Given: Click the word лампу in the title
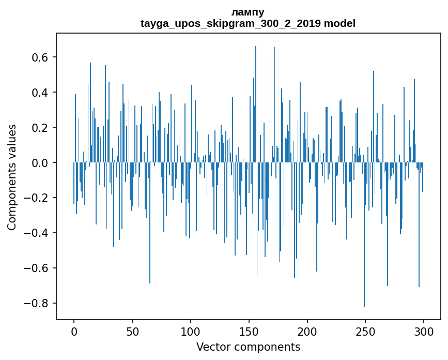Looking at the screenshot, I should tap(248, 12).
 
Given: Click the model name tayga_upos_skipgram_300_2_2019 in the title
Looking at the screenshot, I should tap(231, 23).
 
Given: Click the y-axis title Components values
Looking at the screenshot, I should tap(12, 177).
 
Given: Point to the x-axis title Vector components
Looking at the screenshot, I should tap(248, 347).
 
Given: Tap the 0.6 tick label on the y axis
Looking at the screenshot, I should tap(40, 57).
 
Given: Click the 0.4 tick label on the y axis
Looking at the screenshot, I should tap(40, 93).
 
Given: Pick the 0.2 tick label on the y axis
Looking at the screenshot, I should tap(40, 128).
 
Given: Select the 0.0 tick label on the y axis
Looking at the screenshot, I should tap(40, 163).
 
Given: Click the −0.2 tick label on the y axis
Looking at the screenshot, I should tap(36, 198).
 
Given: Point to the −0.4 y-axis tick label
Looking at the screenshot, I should tap(36, 233).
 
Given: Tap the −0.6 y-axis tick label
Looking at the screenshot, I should tap(36, 268).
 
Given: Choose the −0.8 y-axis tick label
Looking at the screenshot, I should tap(36, 304).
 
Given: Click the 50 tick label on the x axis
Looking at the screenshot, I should tap(132, 331).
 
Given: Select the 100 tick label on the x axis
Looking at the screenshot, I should tap(191, 331).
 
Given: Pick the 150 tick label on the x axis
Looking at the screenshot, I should tap(249, 331).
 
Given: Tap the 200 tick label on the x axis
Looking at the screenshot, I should tap(307, 331).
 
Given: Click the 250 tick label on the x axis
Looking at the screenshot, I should tap(365, 331).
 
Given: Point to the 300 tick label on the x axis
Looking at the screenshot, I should tap(424, 331).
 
